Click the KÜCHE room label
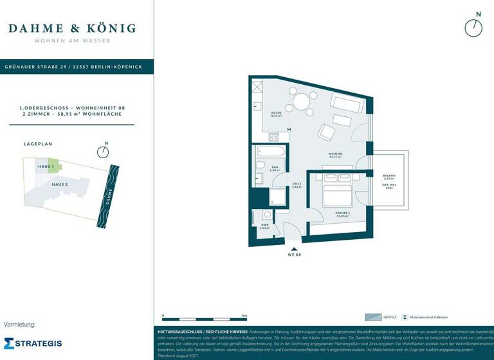pos(277,114)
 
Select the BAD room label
pos(274,168)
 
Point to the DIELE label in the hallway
pos(297,184)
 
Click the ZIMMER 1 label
pos(342,214)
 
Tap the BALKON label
pos(389,177)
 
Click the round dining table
pos(301,101)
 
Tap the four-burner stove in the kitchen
pos(274,136)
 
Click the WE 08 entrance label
pos(293,255)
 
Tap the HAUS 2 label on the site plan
pos(60,184)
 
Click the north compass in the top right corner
pos(473,27)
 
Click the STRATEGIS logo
pos(33,343)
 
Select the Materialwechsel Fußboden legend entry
pos(425,317)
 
